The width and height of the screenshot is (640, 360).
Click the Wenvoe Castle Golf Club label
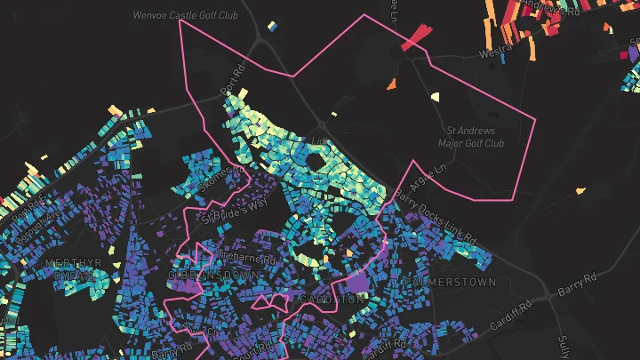(185, 15)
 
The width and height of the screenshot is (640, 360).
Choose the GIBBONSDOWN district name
(214, 276)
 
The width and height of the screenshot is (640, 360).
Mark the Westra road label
(494, 52)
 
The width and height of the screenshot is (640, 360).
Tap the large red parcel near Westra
(415, 37)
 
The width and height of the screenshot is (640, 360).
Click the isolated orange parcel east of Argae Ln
(580, 190)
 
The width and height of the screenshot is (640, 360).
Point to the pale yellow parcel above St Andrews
(436, 97)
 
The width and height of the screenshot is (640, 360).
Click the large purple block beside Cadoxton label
(357, 285)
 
